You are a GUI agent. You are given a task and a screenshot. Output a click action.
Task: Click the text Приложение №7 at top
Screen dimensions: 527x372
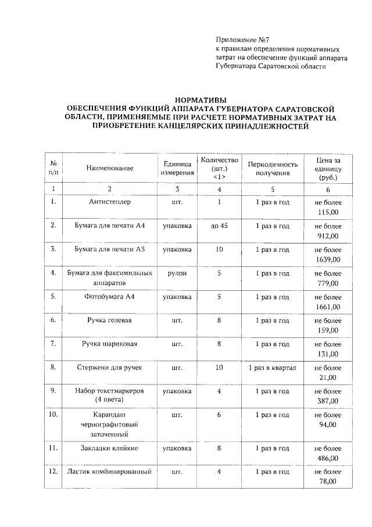pyautogui.click(x=239, y=39)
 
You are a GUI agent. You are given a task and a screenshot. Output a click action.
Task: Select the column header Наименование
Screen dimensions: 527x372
pyautogui.click(x=110, y=168)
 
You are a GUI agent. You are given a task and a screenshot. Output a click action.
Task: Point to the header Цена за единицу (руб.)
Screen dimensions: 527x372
pyautogui.click(x=328, y=168)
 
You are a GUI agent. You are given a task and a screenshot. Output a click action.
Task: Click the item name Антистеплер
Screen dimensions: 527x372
pyautogui.click(x=110, y=202)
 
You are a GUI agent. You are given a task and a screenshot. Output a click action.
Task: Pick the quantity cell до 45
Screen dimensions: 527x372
pyautogui.click(x=219, y=226)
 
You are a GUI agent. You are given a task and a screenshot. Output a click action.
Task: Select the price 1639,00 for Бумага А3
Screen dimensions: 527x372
pyautogui.click(x=328, y=259)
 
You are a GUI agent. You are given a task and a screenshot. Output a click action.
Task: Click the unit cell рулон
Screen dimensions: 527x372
pyautogui.click(x=177, y=273)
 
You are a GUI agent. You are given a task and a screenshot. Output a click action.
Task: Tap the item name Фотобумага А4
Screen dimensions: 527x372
pyautogui.click(x=110, y=297)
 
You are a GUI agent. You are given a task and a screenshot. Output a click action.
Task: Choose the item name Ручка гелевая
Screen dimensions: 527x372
pyautogui.click(x=110, y=321)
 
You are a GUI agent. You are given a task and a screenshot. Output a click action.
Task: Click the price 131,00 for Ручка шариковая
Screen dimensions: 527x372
pyautogui.click(x=328, y=354)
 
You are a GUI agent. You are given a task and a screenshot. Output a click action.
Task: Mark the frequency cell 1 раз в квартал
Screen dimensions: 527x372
pyautogui.click(x=273, y=368)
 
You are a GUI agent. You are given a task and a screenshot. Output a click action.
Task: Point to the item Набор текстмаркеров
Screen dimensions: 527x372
pyautogui.click(x=110, y=391)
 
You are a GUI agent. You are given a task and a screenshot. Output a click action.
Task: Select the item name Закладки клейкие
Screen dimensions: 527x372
pyautogui.click(x=110, y=448)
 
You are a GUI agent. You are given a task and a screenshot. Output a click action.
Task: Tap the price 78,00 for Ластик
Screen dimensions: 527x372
pyautogui.click(x=328, y=482)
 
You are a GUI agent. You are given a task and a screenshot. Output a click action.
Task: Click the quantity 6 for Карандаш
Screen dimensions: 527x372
pyautogui.click(x=219, y=415)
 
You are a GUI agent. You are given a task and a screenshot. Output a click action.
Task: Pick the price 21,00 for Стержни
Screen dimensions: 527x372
pyautogui.click(x=328, y=378)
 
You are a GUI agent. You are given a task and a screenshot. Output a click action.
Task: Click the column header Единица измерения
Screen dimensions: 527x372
pyautogui.click(x=177, y=168)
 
